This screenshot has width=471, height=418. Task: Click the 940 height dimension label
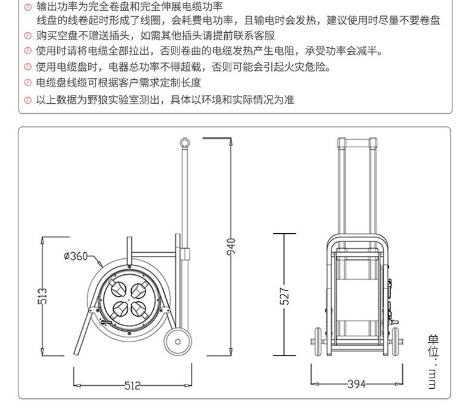pyautogui.click(x=231, y=246)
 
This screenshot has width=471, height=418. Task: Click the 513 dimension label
pyautogui.click(x=42, y=296)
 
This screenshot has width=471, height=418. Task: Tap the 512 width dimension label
pyautogui.click(x=132, y=385)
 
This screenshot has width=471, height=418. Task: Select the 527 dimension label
pyautogui.click(x=284, y=296)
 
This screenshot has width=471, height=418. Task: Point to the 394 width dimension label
pyautogui.click(x=357, y=384)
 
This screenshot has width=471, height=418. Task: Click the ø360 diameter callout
pyautogui.click(x=75, y=256)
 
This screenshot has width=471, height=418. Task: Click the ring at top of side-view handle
pyautogui.click(x=185, y=143)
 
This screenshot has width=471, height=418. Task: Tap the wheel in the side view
pyautogui.click(x=178, y=341)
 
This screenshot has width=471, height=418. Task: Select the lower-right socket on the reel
pyautogui.click(x=138, y=309)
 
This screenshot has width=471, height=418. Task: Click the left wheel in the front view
pyautogui.click(x=318, y=342)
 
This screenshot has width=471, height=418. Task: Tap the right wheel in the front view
pyautogui.click(x=396, y=342)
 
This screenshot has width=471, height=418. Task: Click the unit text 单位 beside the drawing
pyautogui.click(x=433, y=345)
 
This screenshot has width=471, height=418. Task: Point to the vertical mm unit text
pyautogui.click(x=432, y=379)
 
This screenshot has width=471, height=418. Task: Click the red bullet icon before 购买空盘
pyautogui.click(x=27, y=36)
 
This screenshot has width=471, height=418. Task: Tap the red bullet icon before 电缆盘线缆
pyautogui.click(x=27, y=82)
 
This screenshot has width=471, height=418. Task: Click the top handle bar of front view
pyautogui.click(x=357, y=141)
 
